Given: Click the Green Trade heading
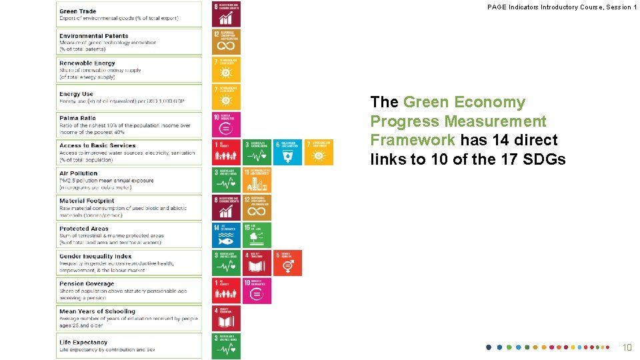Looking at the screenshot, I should [x=78, y=11].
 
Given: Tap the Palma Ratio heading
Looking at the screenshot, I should [x=77, y=118].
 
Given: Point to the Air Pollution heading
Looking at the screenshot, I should [x=78, y=173].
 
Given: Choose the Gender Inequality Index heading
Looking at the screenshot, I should [x=95, y=256].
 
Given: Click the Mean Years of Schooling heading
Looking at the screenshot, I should [x=97, y=311].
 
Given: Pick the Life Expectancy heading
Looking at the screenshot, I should [x=83, y=342].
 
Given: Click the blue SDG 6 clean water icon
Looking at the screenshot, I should [x=287, y=152].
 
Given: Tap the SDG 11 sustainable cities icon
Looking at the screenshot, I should [x=257, y=180].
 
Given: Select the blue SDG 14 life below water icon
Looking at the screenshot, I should [x=226, y=235].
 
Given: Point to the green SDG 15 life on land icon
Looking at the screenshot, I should [x=257, y=235].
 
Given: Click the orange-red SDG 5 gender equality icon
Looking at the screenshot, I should [x=287, y=263].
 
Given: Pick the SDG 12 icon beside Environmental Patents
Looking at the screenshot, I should [x=226, y=41].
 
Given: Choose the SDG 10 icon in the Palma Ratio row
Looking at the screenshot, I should [x=226, y=125].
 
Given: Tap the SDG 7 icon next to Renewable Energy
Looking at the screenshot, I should [x=226, y=69].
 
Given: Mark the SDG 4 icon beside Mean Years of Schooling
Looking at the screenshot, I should [x=226, y=318].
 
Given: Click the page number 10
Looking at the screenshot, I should [x=627, y=347].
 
